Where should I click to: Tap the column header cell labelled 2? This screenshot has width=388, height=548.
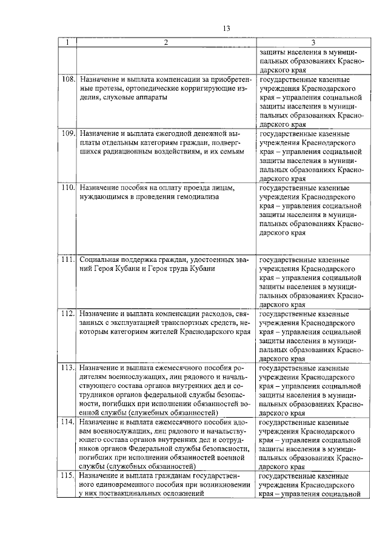coord(166,42)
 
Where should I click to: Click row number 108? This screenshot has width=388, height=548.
coord(68,79)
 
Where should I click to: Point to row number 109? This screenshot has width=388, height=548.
coord(68,133)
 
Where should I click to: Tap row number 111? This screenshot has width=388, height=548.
coord(68,259)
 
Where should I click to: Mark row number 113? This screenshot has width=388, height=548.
coord(68,367)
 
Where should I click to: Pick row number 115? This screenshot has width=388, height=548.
coord(68,475)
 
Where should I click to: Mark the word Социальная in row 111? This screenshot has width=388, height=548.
coord(99,259)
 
